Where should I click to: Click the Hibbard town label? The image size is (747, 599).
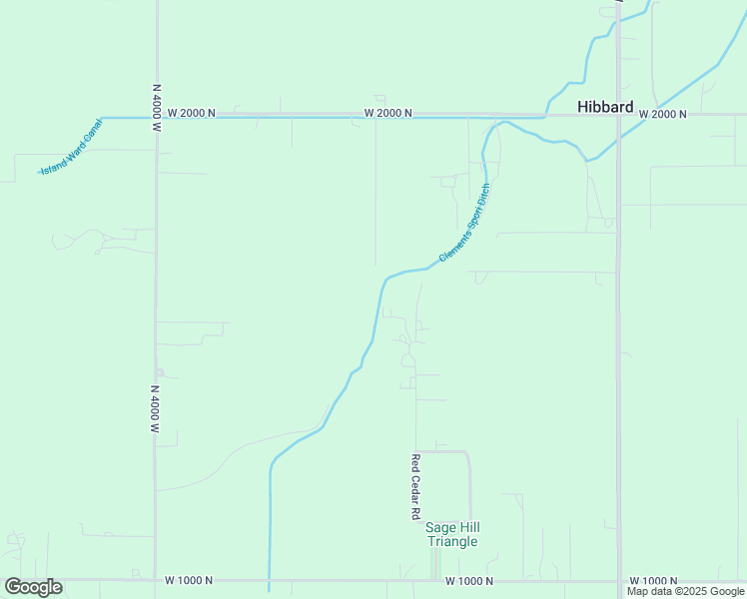point(605,107)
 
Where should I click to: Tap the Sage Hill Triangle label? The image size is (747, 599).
point(452,534)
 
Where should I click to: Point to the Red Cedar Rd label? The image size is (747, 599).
point(414,487)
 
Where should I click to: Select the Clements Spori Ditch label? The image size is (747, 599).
point(465,223)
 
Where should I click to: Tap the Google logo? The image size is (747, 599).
point(33,587)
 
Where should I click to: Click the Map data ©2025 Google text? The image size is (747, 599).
point(685,592)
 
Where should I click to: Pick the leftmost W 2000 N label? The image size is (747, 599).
point(192,113)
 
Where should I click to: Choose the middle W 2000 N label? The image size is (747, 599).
point(388,113)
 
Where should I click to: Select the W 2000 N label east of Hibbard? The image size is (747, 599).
point(662,114)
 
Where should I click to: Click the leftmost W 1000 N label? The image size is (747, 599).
point(190,580)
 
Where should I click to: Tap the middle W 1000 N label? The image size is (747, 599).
point(469,580)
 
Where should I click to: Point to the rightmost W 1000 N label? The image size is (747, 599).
point(653,580)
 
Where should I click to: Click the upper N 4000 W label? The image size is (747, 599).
point(157,108)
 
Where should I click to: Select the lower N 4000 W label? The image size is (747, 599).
point(156,409)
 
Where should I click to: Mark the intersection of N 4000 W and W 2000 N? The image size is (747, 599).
point(157,117)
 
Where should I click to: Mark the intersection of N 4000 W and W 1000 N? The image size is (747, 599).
point(156,579)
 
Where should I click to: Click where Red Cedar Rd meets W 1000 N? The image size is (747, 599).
point(415,579)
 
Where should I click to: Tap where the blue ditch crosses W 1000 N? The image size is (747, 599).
point(270,579)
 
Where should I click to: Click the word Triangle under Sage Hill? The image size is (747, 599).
point(452,542)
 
